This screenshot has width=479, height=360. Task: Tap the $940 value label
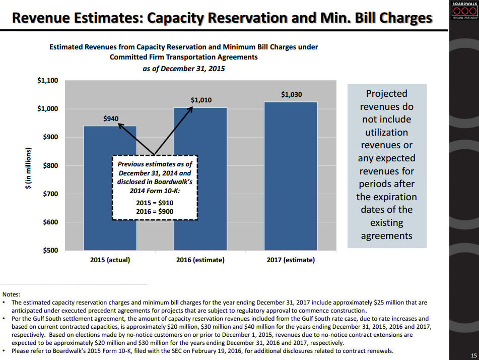(x=110, y=119)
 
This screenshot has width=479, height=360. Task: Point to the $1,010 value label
(x=201, y=100)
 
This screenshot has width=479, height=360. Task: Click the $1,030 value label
(x=292, y=94)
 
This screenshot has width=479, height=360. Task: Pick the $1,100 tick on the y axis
(x=47, y=81)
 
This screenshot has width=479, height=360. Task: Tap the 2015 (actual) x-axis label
(x=110, y=260)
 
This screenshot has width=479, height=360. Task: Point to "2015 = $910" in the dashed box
(x=155, y=203)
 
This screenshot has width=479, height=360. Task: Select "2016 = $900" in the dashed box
(x=155, y=212)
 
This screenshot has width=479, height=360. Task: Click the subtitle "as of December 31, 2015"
(x=184, y=69)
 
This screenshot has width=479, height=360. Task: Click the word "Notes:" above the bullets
(x=12, y=294)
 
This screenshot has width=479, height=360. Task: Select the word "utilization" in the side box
(x=386, y=133)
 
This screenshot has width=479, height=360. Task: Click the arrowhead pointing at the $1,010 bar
(x=191, y=108)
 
